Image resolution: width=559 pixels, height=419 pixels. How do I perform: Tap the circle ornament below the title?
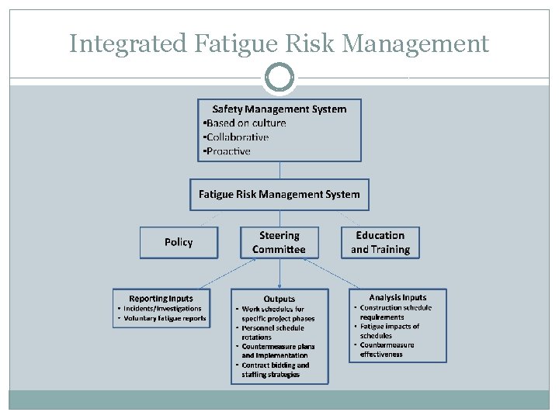[279, 78]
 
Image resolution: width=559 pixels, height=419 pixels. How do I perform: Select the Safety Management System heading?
[279, 109]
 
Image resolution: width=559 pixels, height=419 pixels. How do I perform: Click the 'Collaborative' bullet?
[237, 137]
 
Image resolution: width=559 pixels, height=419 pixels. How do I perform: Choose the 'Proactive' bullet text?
[227, 151]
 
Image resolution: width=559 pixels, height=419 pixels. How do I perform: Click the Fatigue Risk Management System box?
[279, 194]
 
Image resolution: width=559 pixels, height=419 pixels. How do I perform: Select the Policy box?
[179, 242]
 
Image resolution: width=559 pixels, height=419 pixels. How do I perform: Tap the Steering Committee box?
[279, 242]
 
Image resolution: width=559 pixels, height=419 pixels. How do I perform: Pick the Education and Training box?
[380, 242]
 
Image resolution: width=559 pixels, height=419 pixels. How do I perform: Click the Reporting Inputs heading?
[161, 298]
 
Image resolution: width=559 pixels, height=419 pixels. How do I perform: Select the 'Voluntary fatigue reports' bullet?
[164, 318]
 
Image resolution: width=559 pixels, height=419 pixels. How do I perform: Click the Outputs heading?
[279, 299]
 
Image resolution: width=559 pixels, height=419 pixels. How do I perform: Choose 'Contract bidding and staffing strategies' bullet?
[275, 369]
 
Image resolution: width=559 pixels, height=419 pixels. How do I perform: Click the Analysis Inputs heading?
[398, 297]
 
